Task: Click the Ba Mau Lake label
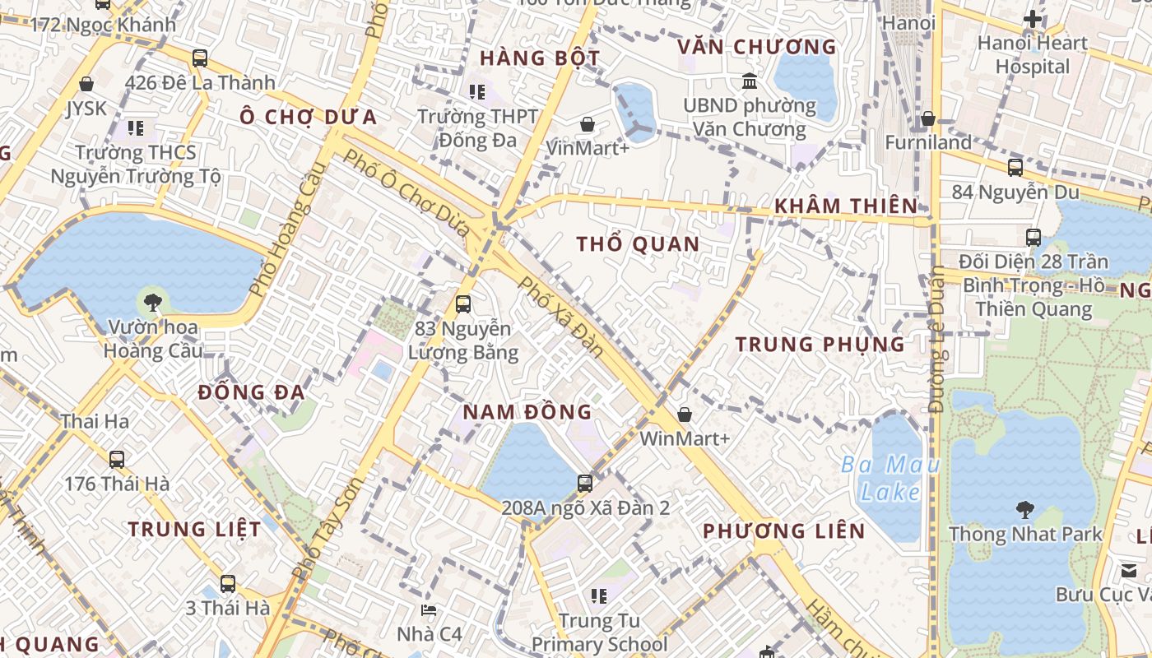890,479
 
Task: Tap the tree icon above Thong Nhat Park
1025,509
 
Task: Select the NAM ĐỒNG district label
527,411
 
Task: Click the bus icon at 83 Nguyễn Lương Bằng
463,304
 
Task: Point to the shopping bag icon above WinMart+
684,415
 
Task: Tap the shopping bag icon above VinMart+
588,124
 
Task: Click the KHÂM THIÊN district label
846,206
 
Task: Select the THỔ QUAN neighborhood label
638,243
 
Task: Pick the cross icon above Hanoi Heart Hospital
1032,18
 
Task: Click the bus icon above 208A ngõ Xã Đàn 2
585,483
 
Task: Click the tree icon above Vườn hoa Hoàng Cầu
152,302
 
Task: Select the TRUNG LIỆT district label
194,529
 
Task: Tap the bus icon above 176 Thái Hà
117,459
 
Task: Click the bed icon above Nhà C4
429,609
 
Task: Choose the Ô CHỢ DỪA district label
308,117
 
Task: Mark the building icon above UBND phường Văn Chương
750,81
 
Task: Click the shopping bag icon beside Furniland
928,119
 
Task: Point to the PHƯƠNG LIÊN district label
783,531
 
